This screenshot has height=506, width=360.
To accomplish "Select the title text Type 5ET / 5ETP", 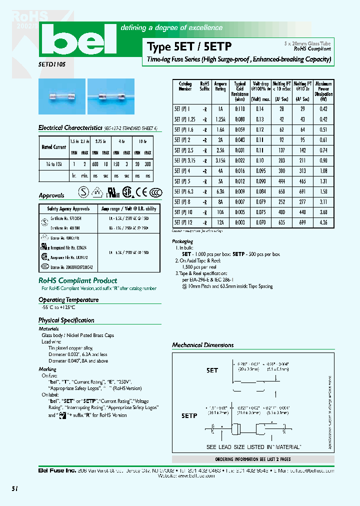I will (189, 47).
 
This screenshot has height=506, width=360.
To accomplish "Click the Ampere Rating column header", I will (220, 86).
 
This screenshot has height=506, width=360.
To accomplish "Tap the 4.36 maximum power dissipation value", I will (323, 222).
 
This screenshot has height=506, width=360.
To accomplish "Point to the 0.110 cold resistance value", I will (240, 108).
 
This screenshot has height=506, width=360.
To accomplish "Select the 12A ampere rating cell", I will (220, 222).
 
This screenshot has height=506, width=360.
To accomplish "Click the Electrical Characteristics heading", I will (70, 128).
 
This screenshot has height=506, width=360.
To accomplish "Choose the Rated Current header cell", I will (53, 147).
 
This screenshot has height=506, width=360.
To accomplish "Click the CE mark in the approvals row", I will (142, 192).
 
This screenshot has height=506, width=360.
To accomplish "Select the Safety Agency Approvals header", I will (68, 208).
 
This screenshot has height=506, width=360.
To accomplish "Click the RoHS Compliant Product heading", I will (77, 280).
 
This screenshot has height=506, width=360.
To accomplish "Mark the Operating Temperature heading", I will (68, 300).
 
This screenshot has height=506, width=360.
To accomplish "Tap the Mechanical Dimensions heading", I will (202, 345).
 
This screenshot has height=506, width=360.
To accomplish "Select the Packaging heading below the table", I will (182, 241).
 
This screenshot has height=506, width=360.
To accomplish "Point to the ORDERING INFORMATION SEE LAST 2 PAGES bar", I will (252, 459).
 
